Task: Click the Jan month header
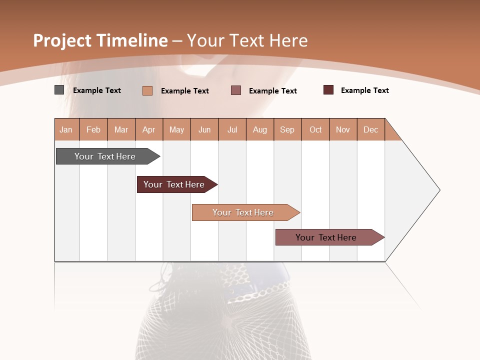(x=66, y=129)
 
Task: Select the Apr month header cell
(x=149, y=129)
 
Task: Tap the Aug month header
(x=260, y=129)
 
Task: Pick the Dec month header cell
(x=371, y=129)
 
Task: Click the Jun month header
(x=204, y=129)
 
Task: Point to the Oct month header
(x=315, y=129)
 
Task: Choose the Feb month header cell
(x=93, y=129)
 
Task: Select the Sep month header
(x=287, y=129)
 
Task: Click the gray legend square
(x=59, y=90)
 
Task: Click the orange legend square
(x=147, y=90)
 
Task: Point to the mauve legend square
(x=236, y=90)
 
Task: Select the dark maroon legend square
(x=328, y=90)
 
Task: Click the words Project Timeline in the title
(x=100, y=40)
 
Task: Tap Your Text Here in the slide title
(x=247, y=40)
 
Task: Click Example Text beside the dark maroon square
(x=364, y=90)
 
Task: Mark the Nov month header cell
(x=343, y=129)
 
